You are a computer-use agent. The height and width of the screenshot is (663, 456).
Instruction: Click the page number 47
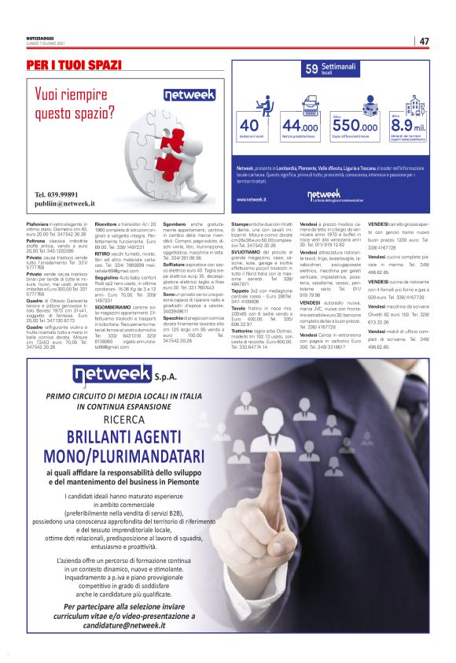point(424,41)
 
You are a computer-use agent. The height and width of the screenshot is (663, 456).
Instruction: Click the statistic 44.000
point(300,126)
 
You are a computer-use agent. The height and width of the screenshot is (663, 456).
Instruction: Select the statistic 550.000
point(355,126)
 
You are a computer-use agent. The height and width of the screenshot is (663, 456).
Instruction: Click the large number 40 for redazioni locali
point(249,126)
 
